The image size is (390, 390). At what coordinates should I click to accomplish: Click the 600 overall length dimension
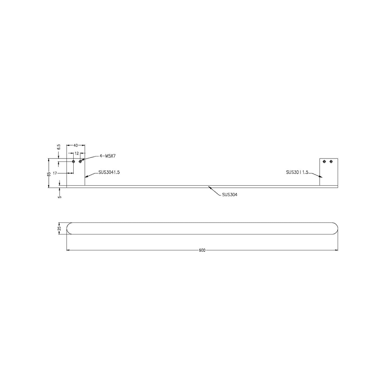(x=202, y=250)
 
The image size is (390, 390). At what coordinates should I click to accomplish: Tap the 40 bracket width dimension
(x=76, y=145)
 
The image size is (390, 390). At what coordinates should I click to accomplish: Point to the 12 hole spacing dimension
(x=77, y=153)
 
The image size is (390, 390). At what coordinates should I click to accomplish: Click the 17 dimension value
(x=55, y=173)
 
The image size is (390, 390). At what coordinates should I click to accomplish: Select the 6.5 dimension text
(x=59, y=147)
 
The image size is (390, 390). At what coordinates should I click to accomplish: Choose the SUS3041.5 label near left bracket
(x=109, y=172)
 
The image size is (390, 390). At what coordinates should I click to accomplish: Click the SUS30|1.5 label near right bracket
(x=297, y=172)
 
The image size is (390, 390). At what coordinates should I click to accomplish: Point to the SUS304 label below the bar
(x=229, y=194)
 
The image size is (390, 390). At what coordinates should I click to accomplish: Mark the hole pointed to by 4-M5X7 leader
(x=80, y=161)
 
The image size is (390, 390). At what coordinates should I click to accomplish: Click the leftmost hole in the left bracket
(x=73, y=161)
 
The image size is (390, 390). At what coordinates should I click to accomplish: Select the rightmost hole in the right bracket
(x=331, y=161)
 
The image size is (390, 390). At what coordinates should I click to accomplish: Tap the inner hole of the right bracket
(x=324, y=161)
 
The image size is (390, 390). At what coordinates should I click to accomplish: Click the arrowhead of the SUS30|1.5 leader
(x=321, y=177)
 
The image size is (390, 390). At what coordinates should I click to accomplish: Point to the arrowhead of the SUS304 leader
(x=209, y=187)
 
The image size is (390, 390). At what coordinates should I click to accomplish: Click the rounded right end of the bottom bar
(x=335, y=229)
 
